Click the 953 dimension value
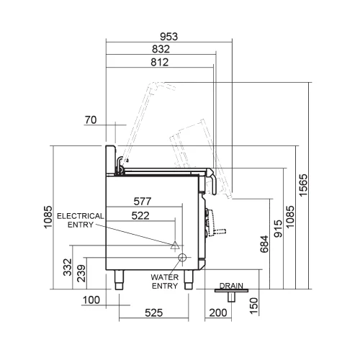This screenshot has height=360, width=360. tap(169, 37)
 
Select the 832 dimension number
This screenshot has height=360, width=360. tap(161, 49)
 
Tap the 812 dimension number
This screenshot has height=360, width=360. tap(160, 62)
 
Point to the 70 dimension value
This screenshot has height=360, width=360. tap(91, 120)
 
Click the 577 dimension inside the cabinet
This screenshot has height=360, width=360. tap(143, 202)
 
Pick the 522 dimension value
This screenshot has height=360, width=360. tap(140, 215)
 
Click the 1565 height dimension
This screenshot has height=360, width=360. tap(303, 185)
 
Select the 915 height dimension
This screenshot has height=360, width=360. tap(278, 228)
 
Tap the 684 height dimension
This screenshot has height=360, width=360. tap(264, 244)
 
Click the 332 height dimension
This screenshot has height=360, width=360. tap(68, 267)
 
